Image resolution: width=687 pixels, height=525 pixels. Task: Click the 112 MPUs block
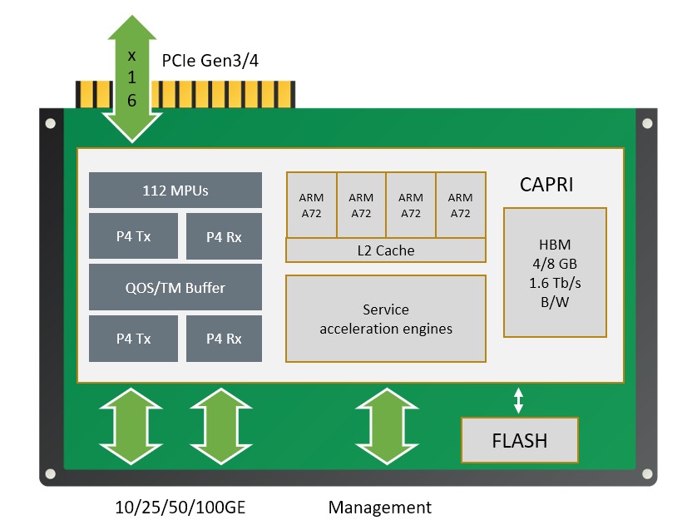point(175,191)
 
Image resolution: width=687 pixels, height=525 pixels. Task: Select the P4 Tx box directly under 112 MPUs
point(133,236)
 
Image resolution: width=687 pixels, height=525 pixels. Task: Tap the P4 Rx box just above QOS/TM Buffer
point(224,236)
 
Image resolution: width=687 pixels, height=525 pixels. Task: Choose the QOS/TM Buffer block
point(175,288)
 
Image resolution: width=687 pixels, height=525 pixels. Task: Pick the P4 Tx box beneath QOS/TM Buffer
point(133,339)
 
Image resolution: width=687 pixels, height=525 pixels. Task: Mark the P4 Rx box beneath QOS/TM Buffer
point(224,339)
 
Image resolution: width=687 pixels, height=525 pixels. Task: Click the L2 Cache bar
point(385,250)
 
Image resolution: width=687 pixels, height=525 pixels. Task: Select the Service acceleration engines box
point(385,319)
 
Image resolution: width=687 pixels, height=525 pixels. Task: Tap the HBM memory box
point(554,273)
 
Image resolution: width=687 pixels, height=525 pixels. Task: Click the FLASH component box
point(520,440)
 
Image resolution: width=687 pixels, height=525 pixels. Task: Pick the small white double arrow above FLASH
point(519,399)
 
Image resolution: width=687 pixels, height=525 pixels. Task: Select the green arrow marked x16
point(131,79)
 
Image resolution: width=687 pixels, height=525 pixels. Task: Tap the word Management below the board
point(380,507)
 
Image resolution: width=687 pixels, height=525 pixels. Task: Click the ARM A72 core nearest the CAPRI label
point(460,205)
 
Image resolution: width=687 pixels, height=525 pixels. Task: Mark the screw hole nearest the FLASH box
point(645,474)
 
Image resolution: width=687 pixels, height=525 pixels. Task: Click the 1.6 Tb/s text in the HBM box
point(554,283)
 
